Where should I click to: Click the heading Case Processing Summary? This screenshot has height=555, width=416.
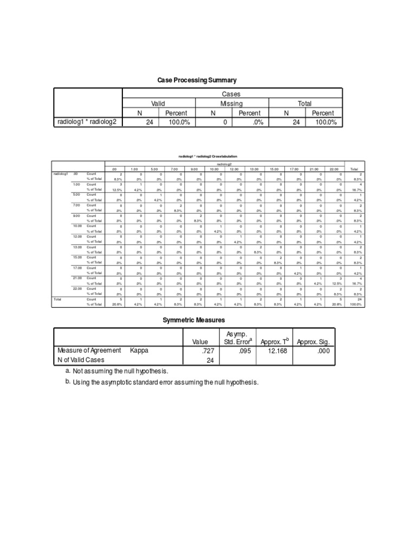pos(197,80)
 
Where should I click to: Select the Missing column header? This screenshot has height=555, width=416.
pos(231,104)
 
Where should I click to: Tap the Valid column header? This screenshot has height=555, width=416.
pos(158,104)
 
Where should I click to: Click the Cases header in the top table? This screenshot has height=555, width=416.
pos(231,94)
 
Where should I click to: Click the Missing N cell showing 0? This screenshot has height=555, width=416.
pos(213,122)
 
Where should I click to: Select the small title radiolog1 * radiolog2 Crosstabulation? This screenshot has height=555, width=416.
pos(207,156)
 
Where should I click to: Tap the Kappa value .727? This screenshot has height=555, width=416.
pos(200,351)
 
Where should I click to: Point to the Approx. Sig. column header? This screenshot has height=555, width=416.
pos(314,342)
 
